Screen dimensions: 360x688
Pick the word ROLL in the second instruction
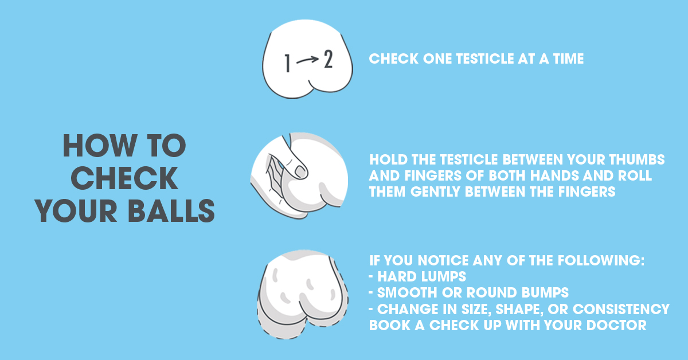point(635,175)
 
